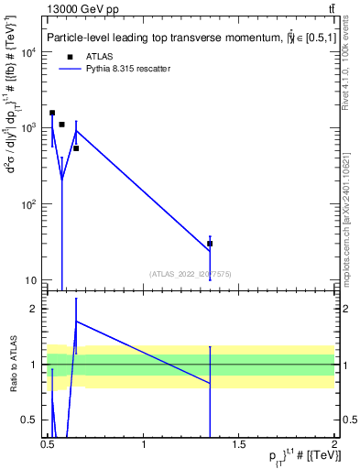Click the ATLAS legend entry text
[98, 56]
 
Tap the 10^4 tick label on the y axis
[27, 52]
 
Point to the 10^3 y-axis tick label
[27, 128]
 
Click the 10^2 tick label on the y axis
[27, 204]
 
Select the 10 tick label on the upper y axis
[31, 280]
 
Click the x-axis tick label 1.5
[239, 446]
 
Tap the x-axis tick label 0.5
[48, 446]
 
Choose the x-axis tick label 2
[333, 446]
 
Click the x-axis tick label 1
[144, 446]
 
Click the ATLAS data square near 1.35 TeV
[210, 244]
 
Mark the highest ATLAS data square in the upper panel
[52, 113]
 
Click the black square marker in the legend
[71, 56]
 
